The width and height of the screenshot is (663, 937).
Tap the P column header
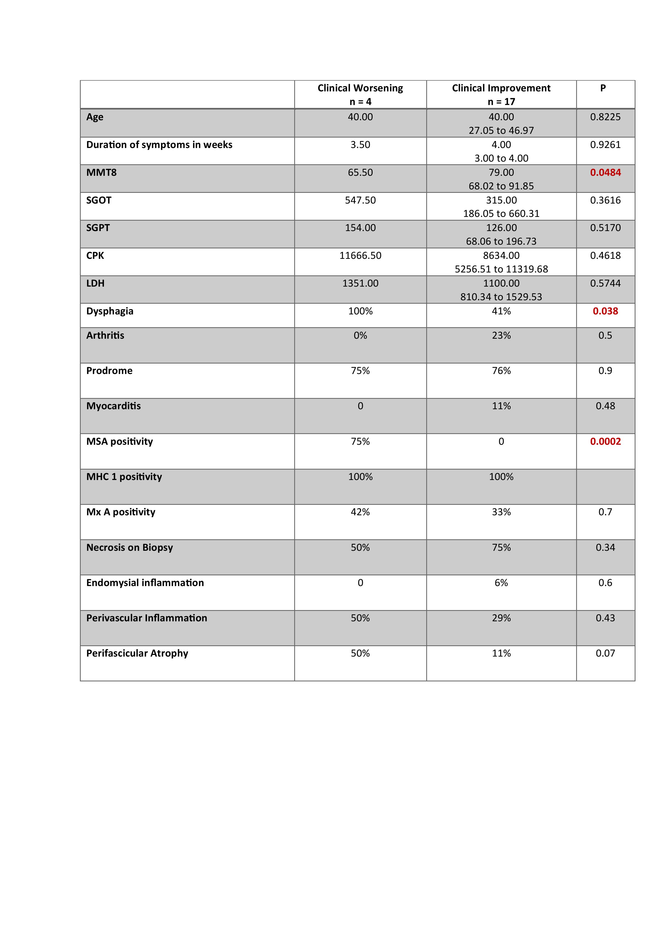603,88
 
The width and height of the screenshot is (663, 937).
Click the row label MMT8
101,172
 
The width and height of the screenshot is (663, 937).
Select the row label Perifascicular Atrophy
137,653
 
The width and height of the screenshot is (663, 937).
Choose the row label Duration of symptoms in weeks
159,145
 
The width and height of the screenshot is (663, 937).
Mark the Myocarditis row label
114,406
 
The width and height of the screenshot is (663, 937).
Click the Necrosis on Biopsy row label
129,547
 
